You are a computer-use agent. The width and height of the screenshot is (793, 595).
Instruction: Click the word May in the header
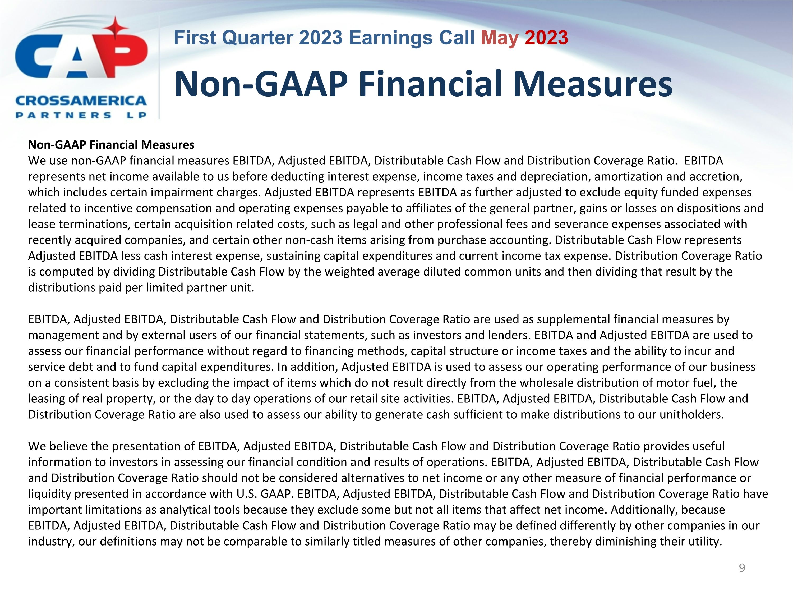click(x=499, y=38)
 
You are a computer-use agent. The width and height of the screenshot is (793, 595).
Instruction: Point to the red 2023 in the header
click(x=546, y=38)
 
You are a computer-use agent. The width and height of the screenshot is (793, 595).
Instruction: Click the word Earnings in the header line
click(x=391, y=38)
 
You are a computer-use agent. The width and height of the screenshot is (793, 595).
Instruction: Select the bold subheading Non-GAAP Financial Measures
click(x=111, y=145)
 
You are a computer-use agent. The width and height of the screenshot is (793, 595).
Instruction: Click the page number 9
click(x=742, y=568)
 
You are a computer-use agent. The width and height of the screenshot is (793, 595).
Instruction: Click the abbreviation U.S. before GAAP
click(x=246, y=494)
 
